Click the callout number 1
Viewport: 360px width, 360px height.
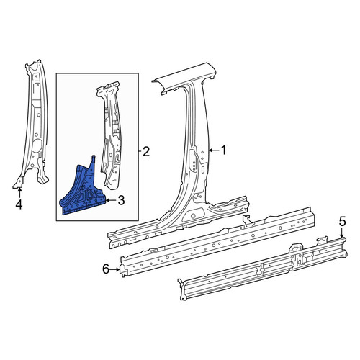pos(223,150)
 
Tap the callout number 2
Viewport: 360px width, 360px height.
pos(146,151)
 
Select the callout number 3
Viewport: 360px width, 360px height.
pos(121,200)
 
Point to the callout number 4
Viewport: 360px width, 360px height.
pos(19,204)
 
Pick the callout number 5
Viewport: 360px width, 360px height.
pos(342,221)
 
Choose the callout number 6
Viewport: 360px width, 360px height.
pos(106,269)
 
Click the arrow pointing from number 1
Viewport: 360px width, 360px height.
pos(214,150)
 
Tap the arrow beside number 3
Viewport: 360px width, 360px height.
pos(111,200)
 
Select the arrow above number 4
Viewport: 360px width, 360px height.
pos(19,193)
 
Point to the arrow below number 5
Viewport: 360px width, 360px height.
pos(342,233)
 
